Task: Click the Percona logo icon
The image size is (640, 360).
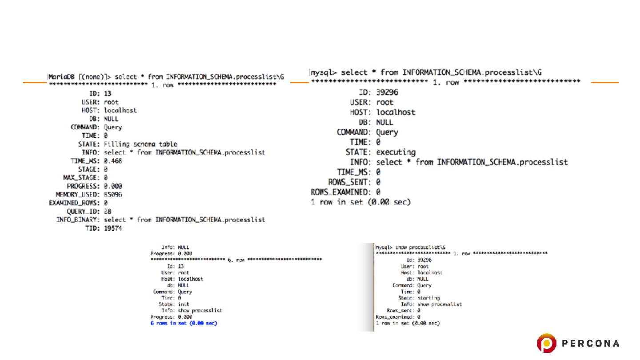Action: [x=546, y=343]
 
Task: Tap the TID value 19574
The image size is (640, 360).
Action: [x=113, y=228]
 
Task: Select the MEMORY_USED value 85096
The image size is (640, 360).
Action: [x=113, y=194]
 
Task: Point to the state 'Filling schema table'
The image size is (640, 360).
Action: [x=140, y=144]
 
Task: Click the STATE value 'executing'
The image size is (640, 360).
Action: [x=396, y=152]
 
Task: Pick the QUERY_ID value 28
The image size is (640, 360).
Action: [x=108, y=211]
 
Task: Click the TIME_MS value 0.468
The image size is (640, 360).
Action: [x=113, y=160]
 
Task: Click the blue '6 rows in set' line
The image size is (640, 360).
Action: [x=184, y=323]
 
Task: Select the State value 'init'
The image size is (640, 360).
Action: [x=184, y=304]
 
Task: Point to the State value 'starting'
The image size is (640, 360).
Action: [x=428, y=298]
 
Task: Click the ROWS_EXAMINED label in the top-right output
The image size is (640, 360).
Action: [x=340, y=192]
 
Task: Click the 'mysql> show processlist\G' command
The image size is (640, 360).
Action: [x=411, y=247]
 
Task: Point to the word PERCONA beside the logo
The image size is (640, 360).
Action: [x=591, y=344]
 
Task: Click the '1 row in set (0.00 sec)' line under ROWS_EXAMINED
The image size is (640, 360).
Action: [x=360, y=202]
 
